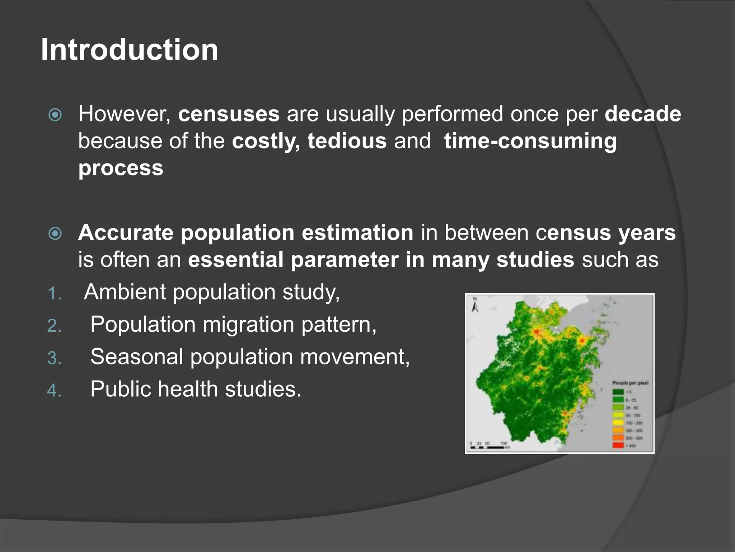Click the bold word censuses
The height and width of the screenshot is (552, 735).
tap(229, 114)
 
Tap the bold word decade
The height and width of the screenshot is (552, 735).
tap(643, 114)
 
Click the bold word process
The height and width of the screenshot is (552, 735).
tap(121, 167)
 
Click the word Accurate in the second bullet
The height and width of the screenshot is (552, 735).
tap(126, 233)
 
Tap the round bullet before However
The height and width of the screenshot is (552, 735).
tap(55, 115)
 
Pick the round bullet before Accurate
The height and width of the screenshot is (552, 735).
tap(55, 234)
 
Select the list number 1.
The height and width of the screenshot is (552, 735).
tap(54, 294)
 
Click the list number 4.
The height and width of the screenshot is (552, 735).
tap(54, 391)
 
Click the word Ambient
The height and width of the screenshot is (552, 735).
tap(124, 291)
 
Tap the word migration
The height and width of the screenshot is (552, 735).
tap(248, 324)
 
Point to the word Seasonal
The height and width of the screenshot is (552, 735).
tap(137, 356)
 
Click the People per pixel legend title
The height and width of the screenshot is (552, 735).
tap(630, 383)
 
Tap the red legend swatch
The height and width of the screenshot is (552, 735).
tap(618, 446)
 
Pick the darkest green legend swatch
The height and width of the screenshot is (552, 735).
tap(618, 392)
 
